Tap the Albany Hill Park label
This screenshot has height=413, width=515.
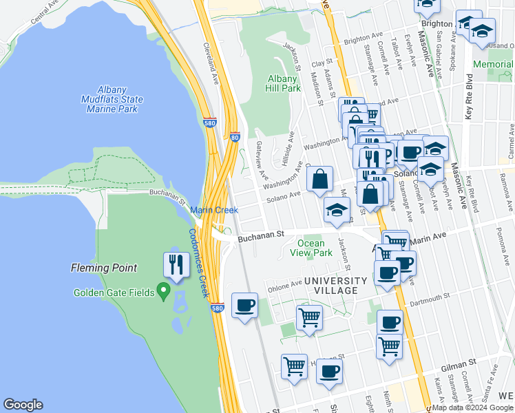click(283, 83)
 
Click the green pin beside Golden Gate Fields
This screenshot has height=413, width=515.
click(163, 292)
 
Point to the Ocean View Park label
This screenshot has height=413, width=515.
click(311, 248)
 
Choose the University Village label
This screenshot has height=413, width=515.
click(336, 286)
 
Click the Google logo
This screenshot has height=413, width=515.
click(23, 405)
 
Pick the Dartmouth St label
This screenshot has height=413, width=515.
click(427, 297)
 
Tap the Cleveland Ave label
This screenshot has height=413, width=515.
click(211, 65)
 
